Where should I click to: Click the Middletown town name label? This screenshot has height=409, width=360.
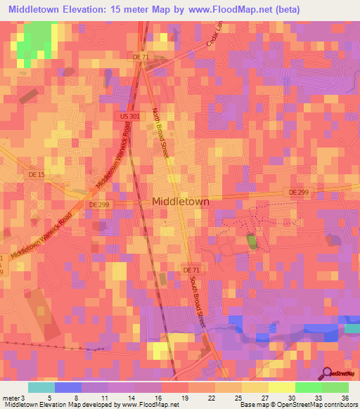point(181,201)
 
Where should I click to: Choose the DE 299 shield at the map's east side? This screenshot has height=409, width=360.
point(297,191)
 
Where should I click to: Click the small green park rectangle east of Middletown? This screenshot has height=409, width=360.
point(251,242)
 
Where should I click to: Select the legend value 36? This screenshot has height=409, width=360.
point(345,396)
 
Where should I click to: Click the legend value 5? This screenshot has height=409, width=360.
point(49,396)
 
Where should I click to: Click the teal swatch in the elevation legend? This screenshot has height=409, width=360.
point(41,387)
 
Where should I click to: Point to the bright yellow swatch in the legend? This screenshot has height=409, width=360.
point(281,387)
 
